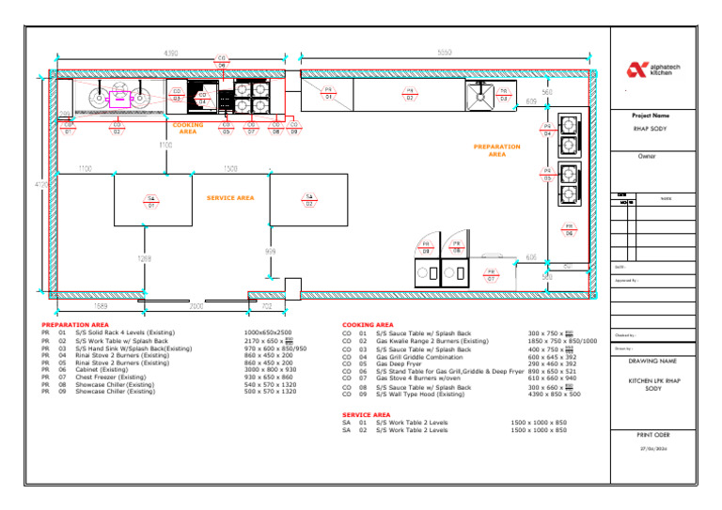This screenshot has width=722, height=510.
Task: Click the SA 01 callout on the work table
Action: tap(150, 200)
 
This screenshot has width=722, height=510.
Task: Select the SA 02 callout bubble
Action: tap(308, 200)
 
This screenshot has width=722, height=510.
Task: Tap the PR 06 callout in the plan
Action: tap(568, 228)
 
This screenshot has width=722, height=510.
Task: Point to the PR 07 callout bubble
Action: tap(491, 275)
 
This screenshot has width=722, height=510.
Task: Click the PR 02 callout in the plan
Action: tap(410, 94)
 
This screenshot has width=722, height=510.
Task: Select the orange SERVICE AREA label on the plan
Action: tap(230, 198)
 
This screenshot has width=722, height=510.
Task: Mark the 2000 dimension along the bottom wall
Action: tap(196, 306)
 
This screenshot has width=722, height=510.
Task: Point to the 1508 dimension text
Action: tap(229, 168)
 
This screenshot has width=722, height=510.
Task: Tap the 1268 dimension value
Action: tap(145, 258)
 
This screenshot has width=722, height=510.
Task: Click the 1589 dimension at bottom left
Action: tap(99, 306)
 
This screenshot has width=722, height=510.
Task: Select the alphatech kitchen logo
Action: tap(650, 70)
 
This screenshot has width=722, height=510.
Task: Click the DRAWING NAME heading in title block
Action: tap(652, 361)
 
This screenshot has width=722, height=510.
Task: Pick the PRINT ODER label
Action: tap(652, 435)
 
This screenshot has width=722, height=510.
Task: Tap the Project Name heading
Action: tap(652, 116)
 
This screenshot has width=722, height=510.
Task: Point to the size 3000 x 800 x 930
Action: tap(269, 370)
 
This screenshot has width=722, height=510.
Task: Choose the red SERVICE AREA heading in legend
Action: tap(367, 414)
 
